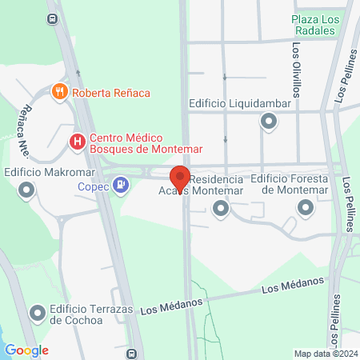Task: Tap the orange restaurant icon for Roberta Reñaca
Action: click(59, 93)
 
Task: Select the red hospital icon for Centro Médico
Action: click(77, 142)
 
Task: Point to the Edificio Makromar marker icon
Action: click(27, 190)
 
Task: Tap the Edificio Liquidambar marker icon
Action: click(268, 122)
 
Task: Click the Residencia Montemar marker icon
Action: click(221, 209)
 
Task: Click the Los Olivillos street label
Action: click(295, 70)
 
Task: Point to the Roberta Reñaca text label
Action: click(110, 93)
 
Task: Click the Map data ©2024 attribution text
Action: click(324, 354)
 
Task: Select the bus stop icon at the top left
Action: click(53, 18)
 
